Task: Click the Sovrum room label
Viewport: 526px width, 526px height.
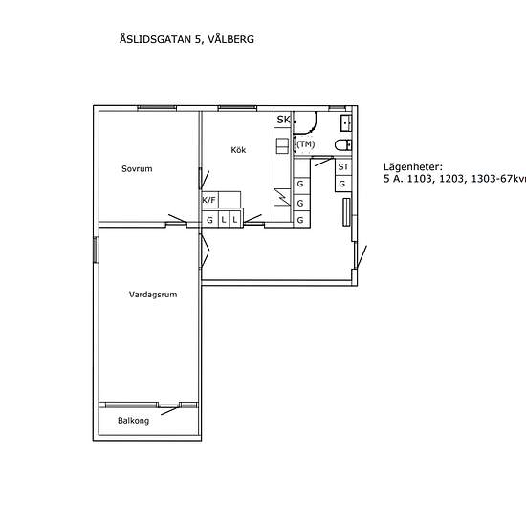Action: [x=137, y=169]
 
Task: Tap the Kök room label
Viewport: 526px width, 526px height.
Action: [x=239, y=150]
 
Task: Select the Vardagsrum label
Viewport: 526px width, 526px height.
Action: [x=153, y=295]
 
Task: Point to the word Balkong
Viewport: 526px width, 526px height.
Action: [x=133, y=421]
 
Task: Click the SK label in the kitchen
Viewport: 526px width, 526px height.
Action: [x=282, y=120]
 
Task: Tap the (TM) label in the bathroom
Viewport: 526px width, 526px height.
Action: [x=305, y=144]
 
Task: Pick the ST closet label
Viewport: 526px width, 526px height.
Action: [x=342, y=167]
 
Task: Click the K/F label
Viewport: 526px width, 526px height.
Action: [x=208, y=201]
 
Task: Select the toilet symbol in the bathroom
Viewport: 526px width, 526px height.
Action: [x=343, y=145]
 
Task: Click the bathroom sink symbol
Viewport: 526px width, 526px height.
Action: [x=346, y=121]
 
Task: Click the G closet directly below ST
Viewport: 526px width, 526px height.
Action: [x=342, y=184]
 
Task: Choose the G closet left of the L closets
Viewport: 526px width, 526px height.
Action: [x=209, y=220]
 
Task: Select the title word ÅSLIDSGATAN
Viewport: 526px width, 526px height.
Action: [x=155, y=40]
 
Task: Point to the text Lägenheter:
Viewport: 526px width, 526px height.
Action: [x=414, y=166]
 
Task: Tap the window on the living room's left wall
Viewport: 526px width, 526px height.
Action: [x=95, y=249]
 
